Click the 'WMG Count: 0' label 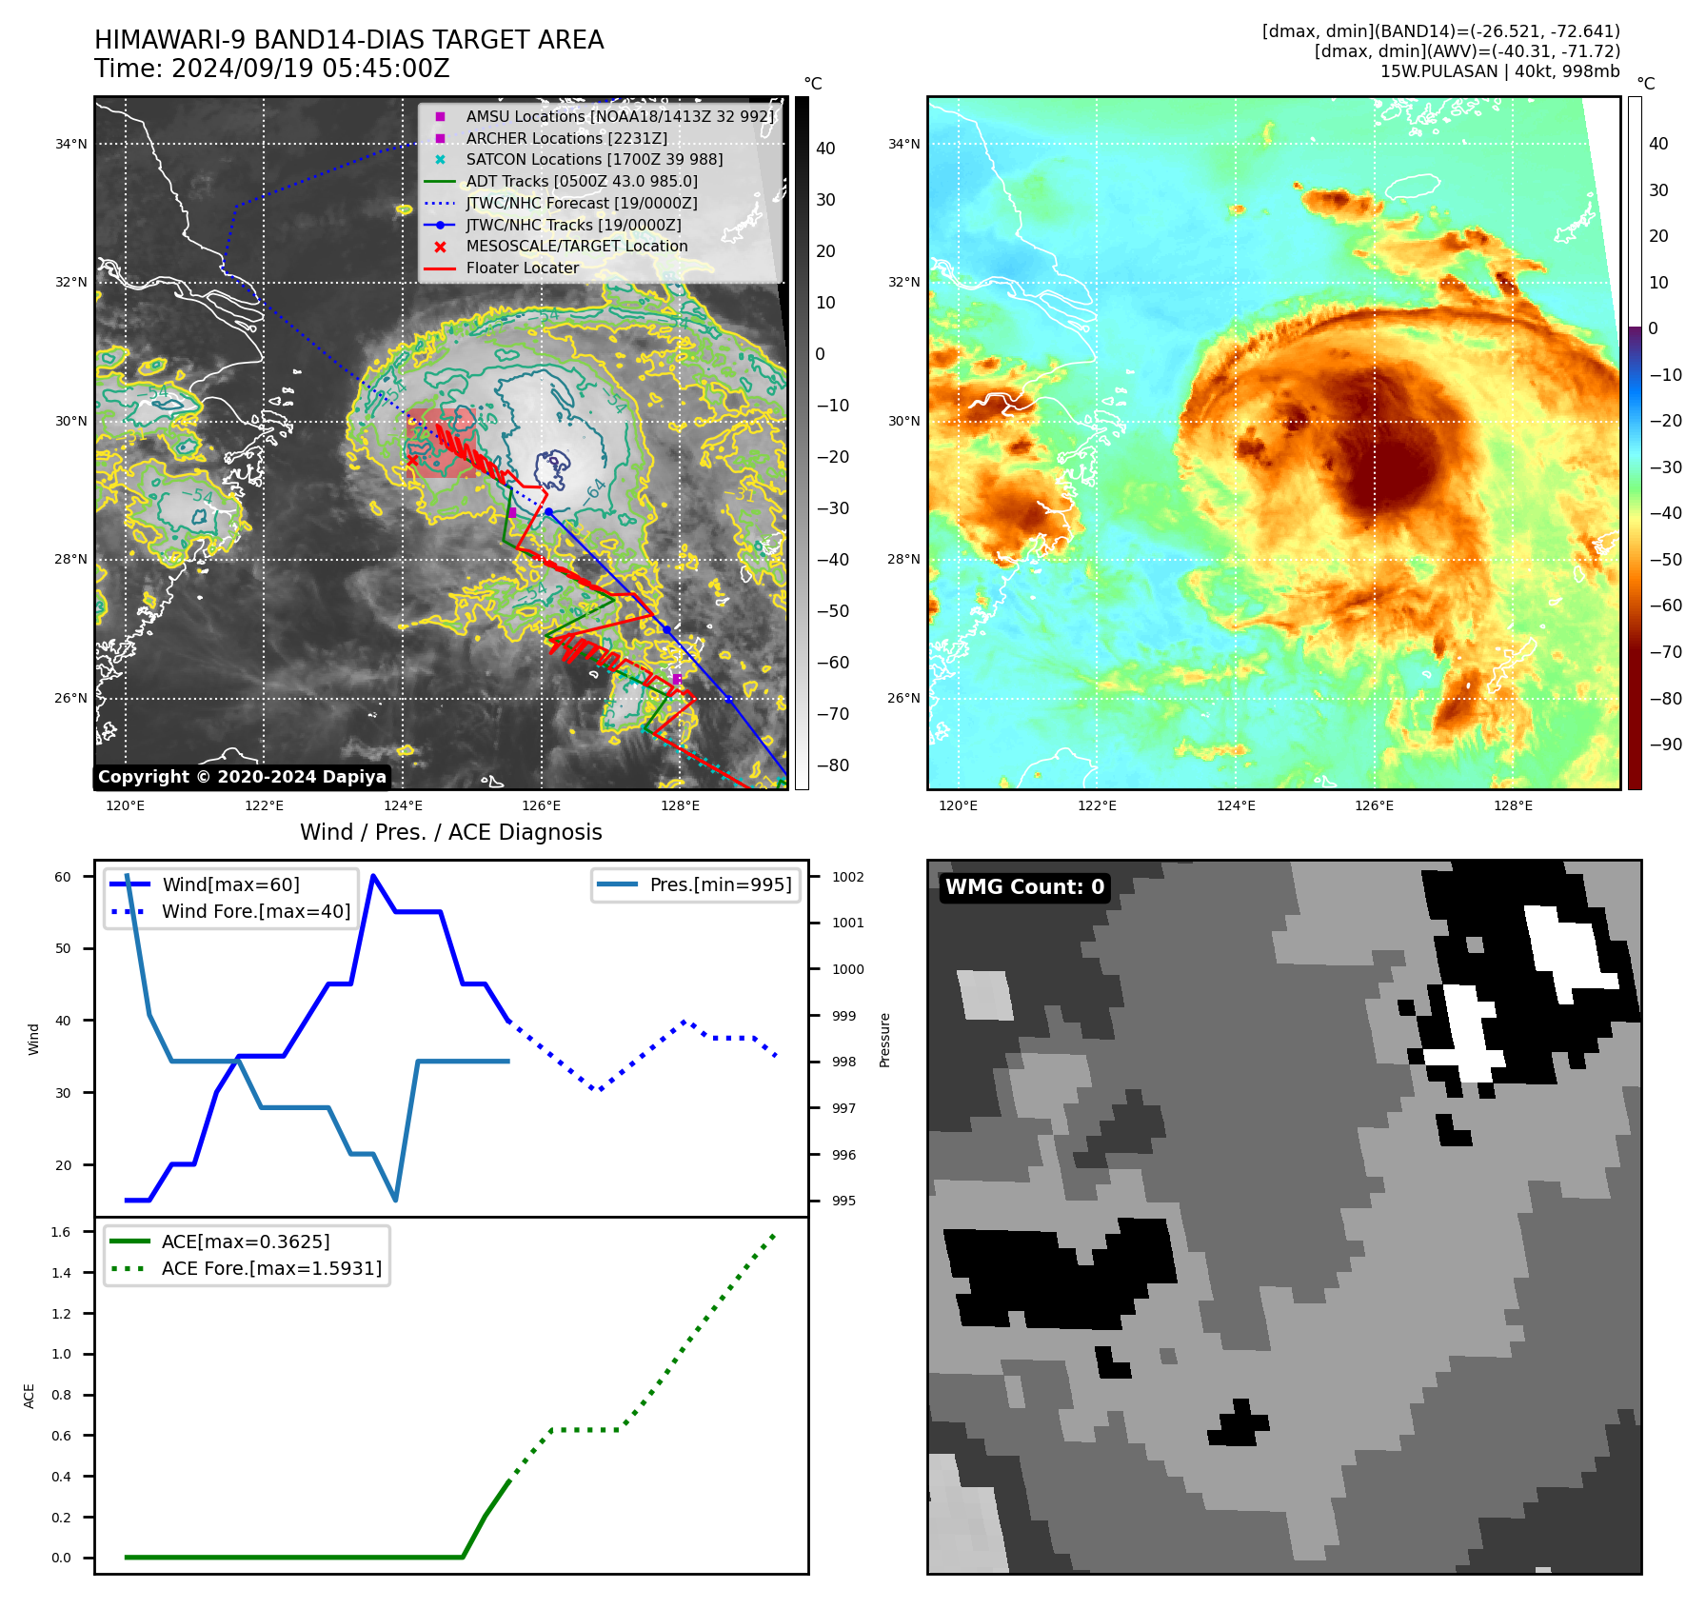[x=1024, y=887]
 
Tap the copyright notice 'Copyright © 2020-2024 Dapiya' [x=242, y=777]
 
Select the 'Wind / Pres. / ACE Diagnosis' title [x=451, y=832]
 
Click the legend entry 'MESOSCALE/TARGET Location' [x=576, y=246]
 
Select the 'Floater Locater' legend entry [x=522, y=268]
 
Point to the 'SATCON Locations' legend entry [x=594, y=159]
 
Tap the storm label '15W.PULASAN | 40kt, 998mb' [x=1499, y=71]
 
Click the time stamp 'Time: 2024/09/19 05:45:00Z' [x=272, y=69]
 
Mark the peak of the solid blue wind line [x=373, y=875]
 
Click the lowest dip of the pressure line [x=395, y=1200]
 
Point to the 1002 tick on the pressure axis [x=847, y=877]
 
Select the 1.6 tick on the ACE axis [x=61, y=1232]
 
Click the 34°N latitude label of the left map [x=70, y=144]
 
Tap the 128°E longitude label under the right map [x=1513, y=805]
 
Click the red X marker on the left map [x=412, y=461]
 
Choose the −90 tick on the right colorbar [x=1665, y=745]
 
